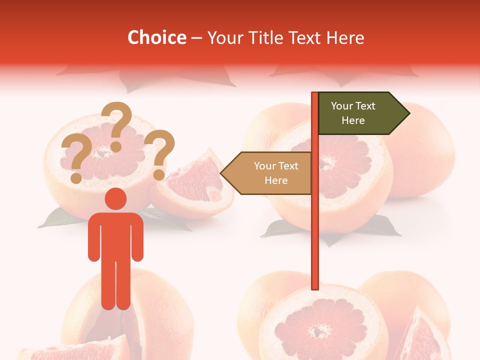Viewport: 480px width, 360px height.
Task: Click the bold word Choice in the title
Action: click(x=156, y=38)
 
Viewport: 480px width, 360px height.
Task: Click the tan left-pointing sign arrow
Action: click(x=268, y=173)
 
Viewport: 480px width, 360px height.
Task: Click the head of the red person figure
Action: click(x=115, y=198)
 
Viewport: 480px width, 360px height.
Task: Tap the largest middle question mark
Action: click(x=117, y=125)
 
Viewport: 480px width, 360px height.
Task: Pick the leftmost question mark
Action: click(x=73, y=159)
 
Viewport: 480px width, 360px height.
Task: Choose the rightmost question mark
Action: click(x=160, y=152)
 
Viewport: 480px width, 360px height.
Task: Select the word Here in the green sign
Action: click(x=353, y=120)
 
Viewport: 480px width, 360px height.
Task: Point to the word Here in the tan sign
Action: click(x=276, y=180)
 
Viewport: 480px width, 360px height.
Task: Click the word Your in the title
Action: click(x=222, y=38)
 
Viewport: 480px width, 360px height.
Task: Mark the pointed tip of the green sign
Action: click(x=408, y=113)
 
